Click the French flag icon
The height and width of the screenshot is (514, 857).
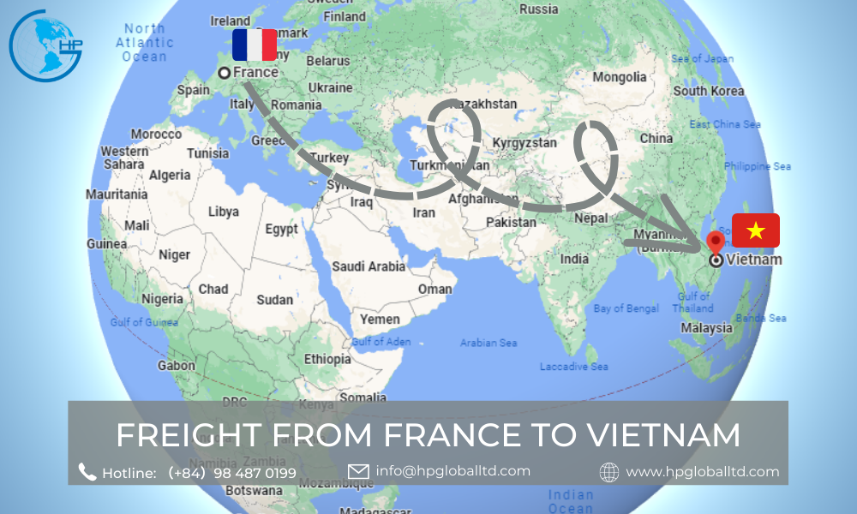(255, 45)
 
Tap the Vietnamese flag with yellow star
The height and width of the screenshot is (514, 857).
(756, 230)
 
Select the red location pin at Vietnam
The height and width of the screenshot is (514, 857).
(716, 242)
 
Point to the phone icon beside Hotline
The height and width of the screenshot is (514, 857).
(87, 472)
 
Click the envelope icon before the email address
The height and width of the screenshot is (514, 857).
(358, 471)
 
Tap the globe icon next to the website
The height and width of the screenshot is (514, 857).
(609, 472)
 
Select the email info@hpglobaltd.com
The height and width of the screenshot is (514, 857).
(452, 470)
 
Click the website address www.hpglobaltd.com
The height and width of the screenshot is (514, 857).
(703, 471)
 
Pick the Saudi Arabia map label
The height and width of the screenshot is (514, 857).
(369, 266)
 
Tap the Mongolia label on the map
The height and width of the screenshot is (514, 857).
(620, 77)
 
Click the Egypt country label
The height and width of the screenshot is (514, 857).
(281, 229)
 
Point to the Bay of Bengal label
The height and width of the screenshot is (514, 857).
(626, 308)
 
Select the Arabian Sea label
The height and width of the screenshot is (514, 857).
(488, 343)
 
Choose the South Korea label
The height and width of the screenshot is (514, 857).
(709, 91)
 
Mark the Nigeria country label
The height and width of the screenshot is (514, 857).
(162, 299)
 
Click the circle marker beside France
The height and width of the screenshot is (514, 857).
(224, 73)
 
